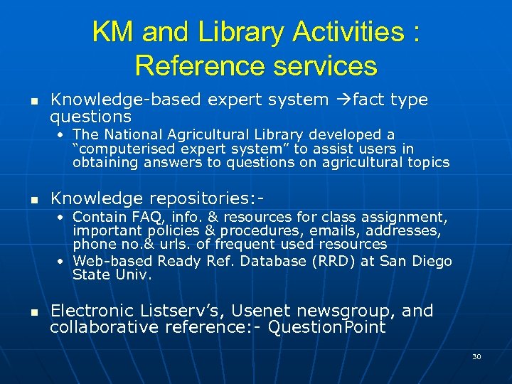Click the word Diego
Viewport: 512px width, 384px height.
[x=431, y=261]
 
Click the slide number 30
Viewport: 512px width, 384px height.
[x=476, y=356]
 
